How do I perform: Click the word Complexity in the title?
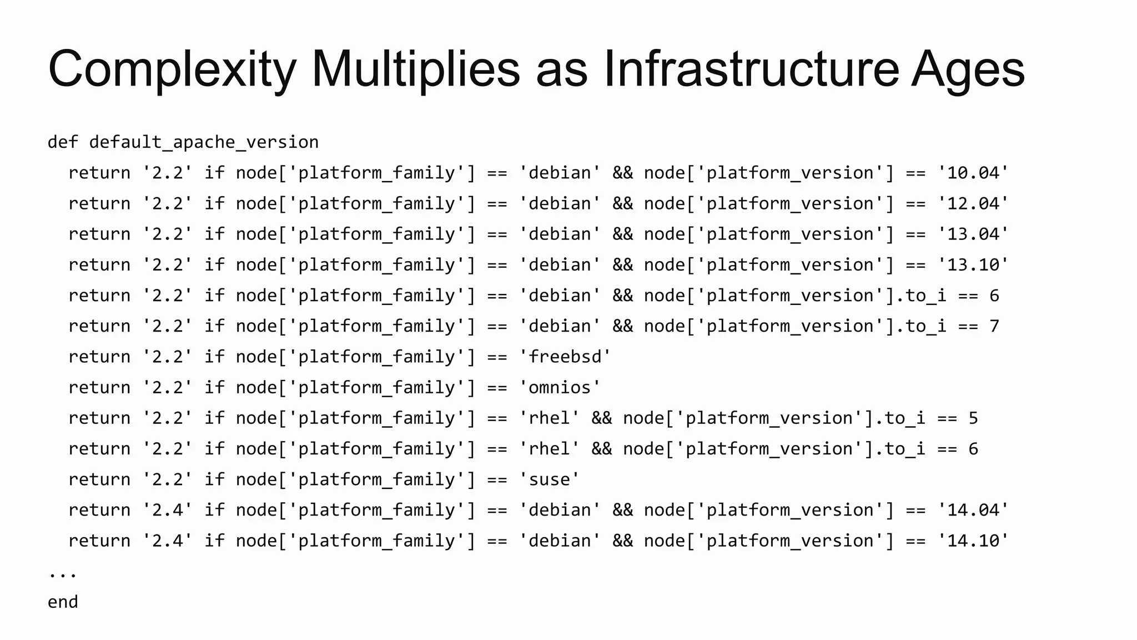[x=172, y=69]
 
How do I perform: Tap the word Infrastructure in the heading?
[x=751, y=69]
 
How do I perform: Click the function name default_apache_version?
[x=204, y=142]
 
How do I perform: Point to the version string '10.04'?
[x=973, y=173]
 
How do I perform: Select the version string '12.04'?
[x=973, y=203]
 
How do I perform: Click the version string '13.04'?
[x=973, y=234]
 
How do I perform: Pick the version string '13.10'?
[x=973, y=264]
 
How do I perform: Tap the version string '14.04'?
[x=973, y=510]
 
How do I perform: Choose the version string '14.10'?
[x=973, y=541]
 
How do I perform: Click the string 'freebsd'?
[x=565, y=357]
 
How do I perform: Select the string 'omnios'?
[x=560, y=387]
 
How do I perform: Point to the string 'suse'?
[x=549, y=479]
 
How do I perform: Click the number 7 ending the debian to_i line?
[x=994, y=326]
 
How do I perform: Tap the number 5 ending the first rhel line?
[x=973, y=418]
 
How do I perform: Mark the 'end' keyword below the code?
[x=63, y=602]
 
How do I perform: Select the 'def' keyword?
[x=63, y=142]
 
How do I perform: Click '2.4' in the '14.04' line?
[x=167, y=510]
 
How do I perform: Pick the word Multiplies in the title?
[x=415, y=69]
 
